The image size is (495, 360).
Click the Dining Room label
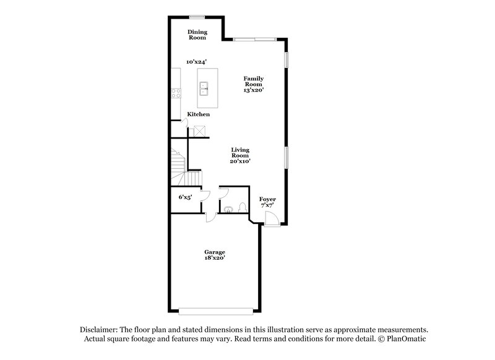pyautogui.click(x=198, y=35)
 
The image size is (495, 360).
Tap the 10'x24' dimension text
pyautogui.click(x=197, y=62)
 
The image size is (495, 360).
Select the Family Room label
pyautogui.click(x=254, y=81)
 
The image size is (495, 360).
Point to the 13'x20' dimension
pyautogui.click(x=254, y=90)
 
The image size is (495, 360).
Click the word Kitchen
pyautogui.click(x=198, y=114)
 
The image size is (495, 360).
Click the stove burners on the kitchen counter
pyautogui.click(x=176, y=94)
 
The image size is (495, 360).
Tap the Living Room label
pyautogui.click(x=241, y=153)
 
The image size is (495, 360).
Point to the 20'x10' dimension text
pyautogui.click(x=241, y=161)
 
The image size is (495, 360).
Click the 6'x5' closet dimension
pyautogui.click(x=185, y=197)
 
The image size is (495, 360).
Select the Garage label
pyautogui.click(x=215, y=252)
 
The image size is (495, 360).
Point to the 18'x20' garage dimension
pyautogui.click(x=215, y=259)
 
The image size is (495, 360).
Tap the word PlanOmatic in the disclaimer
pyautogui.click(x=407, y=340)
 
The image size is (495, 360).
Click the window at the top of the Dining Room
pyautogui.click(x=198, y=16)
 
